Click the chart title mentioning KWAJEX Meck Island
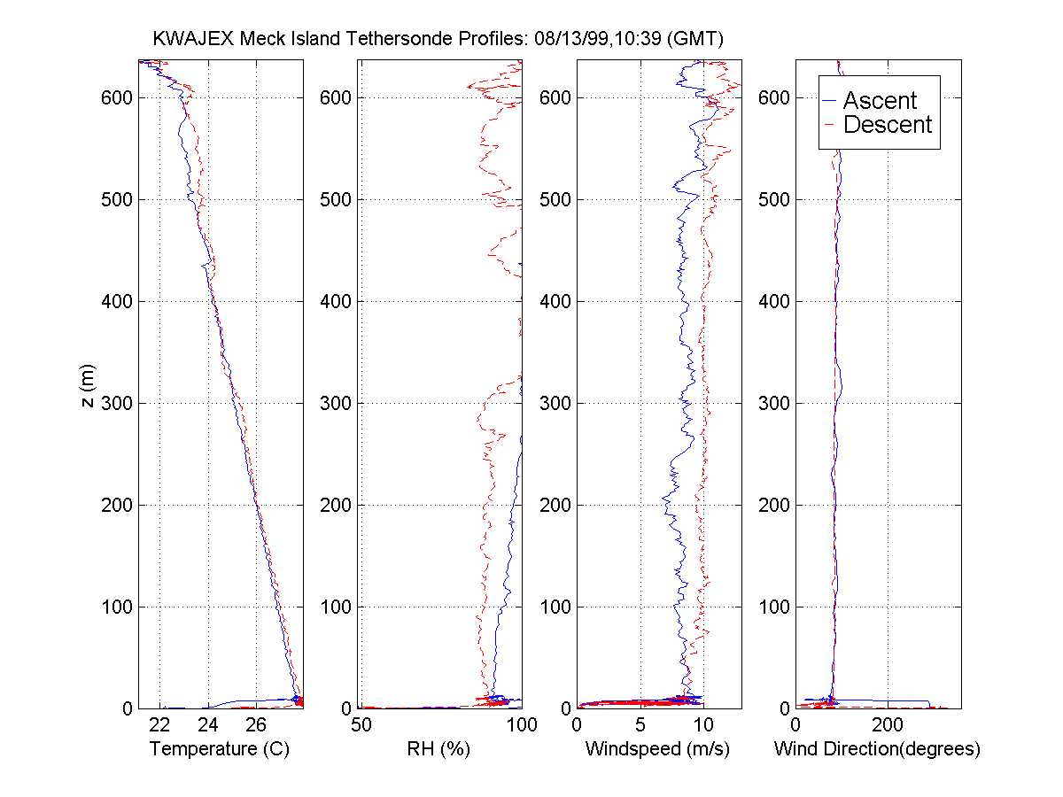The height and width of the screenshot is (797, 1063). (x=438, y=39)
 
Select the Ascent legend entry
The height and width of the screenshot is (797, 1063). (x=879, y=100)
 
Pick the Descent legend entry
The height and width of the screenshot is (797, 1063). (x=887, y=125)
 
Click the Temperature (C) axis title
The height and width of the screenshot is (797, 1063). (x=220, y=749)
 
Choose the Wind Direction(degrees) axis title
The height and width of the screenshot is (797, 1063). (x=877, y=749)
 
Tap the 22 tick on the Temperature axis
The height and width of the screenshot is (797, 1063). (x=159, y=724)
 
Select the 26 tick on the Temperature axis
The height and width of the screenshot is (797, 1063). (x=254, y=724)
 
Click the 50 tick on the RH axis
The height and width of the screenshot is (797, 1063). (x=361, y=724)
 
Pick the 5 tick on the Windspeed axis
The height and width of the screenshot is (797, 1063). (x=640, y=724)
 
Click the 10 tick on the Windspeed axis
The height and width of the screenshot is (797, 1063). (x=702, y=724)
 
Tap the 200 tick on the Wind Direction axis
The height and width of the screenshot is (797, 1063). (x=888, y=724)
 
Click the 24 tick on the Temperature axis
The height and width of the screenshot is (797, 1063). (x=207, y=724)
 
